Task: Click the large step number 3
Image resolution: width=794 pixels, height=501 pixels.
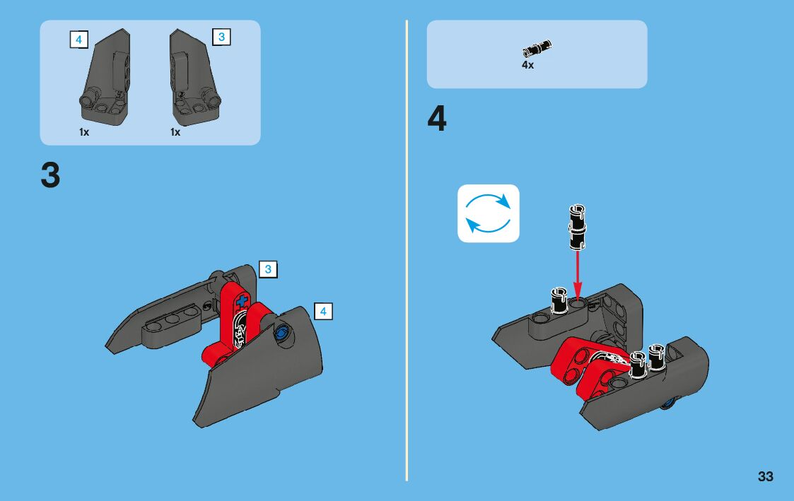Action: pos(50,176)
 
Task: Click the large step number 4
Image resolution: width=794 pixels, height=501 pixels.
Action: pos(437,119)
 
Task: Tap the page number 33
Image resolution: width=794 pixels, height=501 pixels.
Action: pos(765,477)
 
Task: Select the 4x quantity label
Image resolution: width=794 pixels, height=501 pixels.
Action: pos(527,65)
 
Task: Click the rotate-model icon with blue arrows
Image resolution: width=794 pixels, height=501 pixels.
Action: pos(488,213)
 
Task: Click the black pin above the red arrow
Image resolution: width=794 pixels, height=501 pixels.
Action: pos(577,228)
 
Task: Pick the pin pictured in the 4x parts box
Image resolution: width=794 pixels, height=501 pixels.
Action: pos(537,49)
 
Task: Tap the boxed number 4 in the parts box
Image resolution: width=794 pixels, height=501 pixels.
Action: pos(79,40)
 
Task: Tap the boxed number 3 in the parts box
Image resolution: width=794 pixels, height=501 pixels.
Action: pos(221,37)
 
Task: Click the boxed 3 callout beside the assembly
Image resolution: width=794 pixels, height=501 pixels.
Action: pos(268,269)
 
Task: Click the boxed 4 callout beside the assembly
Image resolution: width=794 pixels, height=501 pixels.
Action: pos(323,311)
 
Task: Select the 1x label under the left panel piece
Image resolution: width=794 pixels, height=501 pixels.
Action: pos(84,132)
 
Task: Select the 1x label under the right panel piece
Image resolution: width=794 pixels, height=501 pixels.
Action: pos(175,132)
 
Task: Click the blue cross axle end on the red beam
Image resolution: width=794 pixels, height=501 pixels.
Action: pos(242,302)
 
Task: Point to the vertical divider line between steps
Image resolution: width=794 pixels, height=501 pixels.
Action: pos(406,250)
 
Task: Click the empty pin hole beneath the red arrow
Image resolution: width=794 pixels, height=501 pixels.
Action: pos(577,302)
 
